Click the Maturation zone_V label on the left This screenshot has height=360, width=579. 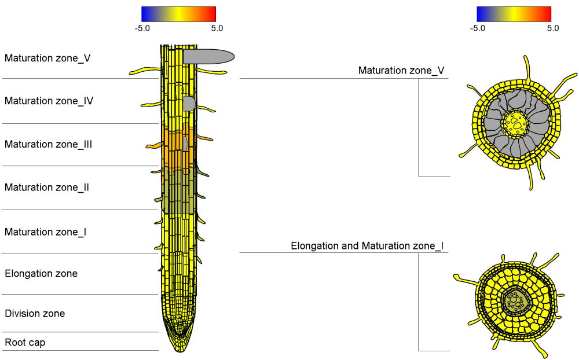pyautogui.click(x=47, y=58)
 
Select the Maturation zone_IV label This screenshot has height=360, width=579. pyautogui.click(x=49, y=101)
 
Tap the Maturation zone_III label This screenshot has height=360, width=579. pyautogui.click(x=49, y=144)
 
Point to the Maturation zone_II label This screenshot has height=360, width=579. pyautogui.click(x=47, y=188)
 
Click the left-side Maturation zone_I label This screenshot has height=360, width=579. pyautogui.click(x=46, y=232)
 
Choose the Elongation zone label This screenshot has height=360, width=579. pyautogui.click(x=41, y=273)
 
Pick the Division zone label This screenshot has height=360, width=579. pyautogui.click(x=35, y=314)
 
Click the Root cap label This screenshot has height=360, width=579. pyautogui.click(x=25, y=343)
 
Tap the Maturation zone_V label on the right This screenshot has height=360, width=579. pyautogui.click(x=401, y=71)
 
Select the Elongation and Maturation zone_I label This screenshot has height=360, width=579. pyautogui.click(x=367, y=246)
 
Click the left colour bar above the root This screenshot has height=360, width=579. pyautogui.click(x=178, y=14)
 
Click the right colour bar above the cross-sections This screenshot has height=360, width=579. pyautogui.click(x=514, y=14)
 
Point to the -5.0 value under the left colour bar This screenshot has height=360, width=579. pyautogui.click(x=142, y=28)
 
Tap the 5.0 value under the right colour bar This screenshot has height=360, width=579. pyautogui.click(x=552, y=28)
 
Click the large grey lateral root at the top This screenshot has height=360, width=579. pyautogui.click(x=208, y=56)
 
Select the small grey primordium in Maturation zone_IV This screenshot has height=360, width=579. pyautogui.click(x=189, y=104)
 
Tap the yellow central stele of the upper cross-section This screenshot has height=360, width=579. pyautogui.click(x=515, y=123)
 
